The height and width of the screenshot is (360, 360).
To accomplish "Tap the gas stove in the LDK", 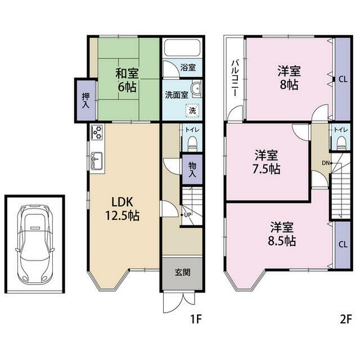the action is (97, 132).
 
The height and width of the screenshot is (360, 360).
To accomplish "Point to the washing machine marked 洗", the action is (192, 111).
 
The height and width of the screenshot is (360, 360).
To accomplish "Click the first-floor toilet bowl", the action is (192, 143).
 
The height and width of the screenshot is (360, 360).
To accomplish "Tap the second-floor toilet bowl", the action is (341, 143).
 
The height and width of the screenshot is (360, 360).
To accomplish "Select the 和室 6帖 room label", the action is (127, 80).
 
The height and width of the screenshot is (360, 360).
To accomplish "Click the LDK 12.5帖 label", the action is (123, 209).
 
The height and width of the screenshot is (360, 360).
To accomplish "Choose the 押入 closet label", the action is (85, 101).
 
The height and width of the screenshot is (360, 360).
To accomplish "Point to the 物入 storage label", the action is (192, 170).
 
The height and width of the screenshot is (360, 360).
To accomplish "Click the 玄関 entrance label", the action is (182, 272).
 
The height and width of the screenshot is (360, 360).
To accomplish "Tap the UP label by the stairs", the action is (187, 215).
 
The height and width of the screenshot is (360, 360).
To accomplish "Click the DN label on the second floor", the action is (326, 163).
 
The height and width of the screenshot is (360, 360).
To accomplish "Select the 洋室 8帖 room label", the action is (289, 78).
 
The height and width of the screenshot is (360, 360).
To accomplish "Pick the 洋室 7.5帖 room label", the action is (266, 162).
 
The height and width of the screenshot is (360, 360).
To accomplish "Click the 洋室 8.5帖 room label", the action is (282, 234).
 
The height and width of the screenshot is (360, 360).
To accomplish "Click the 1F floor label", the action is (196, 319).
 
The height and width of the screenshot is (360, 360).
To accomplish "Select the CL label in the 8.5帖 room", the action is (343, 245).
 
